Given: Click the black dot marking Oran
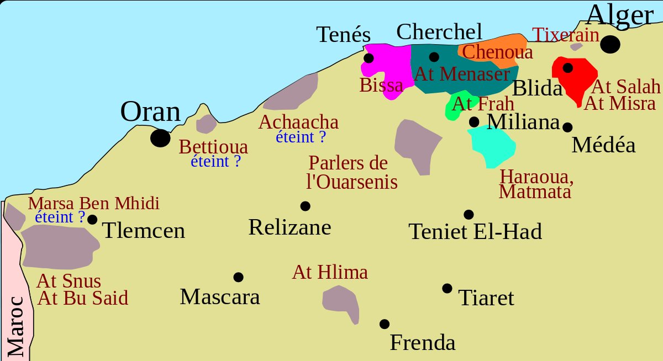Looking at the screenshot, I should click(160, 137).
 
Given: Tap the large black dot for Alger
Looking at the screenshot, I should click(610, 44).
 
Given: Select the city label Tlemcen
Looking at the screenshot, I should click(144, 231).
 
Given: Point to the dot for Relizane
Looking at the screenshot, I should click(305, 206).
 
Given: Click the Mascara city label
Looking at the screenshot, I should click(220, 297).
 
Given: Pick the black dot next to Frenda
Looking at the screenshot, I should click(385, 324).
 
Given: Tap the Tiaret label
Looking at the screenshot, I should click(486, 299).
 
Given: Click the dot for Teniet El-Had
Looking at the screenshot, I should click(469, 214).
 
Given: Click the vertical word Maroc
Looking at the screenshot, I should click(16, 326).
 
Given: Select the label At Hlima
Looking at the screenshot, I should click(330, 272).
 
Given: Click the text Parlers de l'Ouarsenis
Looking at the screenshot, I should click(351, 172).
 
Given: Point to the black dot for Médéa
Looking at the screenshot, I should click(567, 127).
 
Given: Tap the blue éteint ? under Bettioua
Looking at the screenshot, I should click(215, 161).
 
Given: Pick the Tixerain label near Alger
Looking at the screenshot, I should click(566, 35).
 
